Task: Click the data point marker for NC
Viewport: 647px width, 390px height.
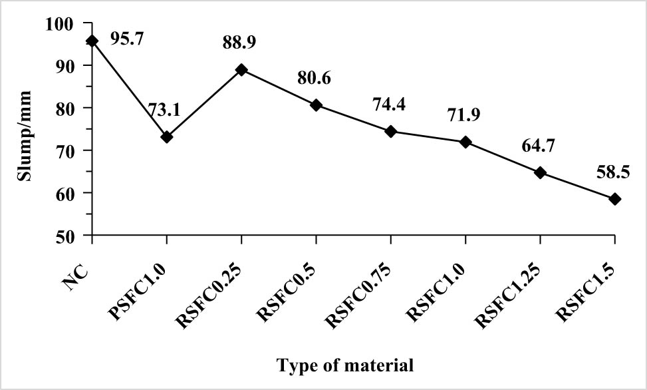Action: tap(92, 41)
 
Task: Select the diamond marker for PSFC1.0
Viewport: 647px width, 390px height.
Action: tap(167, 137)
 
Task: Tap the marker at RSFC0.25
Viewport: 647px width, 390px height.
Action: tap(241, 69)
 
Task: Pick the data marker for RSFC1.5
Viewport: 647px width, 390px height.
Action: tap(614, 199)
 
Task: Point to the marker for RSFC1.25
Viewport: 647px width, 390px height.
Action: tap(540, 173)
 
